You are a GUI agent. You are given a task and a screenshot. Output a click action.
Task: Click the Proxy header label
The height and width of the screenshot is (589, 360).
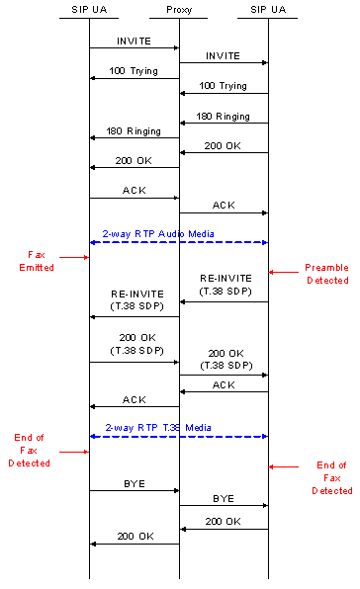click(179, 9)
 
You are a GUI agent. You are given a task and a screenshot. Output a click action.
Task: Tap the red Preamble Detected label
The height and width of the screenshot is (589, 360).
click(326, 274)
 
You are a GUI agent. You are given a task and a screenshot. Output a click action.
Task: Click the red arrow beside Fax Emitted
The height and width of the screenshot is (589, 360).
click(73, 257)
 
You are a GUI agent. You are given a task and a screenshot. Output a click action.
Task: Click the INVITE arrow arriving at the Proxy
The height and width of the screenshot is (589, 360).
click(134, 47)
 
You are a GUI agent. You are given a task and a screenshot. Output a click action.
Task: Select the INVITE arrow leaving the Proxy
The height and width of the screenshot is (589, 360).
click(224, 62)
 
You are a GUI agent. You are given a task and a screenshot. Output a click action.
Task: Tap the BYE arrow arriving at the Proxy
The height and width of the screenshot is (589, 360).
click(134, 489)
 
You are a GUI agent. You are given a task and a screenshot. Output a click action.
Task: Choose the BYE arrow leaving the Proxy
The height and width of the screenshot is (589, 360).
click(224, 505)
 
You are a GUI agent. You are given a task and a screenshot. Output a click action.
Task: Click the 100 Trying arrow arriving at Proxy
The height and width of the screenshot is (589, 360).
click(224, 94)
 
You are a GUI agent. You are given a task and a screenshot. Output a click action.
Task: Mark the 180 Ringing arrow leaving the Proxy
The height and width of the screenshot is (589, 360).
click(134, 137)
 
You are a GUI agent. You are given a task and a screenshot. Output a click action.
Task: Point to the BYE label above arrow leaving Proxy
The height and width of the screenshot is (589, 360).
click(224, 498)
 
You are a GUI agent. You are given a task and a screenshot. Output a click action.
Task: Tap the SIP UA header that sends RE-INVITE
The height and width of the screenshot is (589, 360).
click(269, 9)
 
